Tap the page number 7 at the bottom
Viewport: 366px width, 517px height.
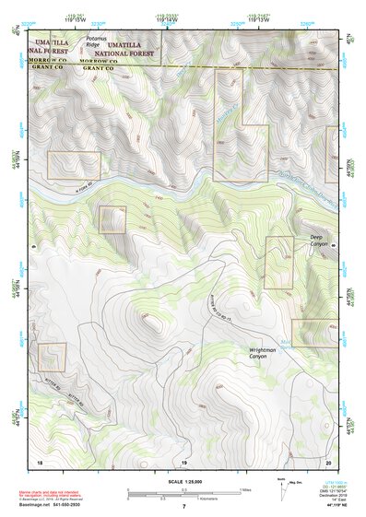pos(183,506)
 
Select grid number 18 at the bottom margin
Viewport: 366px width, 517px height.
pos(40,460)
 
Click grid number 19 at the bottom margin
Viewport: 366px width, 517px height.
pos(183,460)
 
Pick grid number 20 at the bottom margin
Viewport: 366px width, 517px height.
pos(328,460)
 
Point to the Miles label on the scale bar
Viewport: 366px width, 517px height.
pos(246,488)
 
